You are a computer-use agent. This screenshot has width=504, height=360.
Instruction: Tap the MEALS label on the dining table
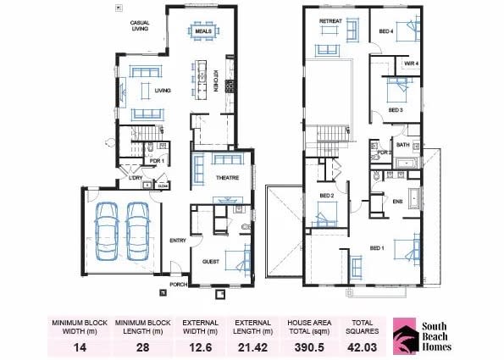click(x=202, y=31)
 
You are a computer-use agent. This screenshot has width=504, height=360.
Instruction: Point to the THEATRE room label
click(x=227, y=178)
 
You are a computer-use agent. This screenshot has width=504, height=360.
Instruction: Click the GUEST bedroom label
click(x=211, y=263)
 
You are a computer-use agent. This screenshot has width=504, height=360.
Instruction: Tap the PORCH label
click(x=178, y=285)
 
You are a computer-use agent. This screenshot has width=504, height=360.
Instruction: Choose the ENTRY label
click(x=177, y=241)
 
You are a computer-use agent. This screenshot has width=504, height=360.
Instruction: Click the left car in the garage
click(x=107, y=231)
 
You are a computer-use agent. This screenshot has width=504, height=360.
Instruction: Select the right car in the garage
click(x=138, y=231)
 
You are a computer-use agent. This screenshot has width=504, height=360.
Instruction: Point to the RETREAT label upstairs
click(x=330, y=20)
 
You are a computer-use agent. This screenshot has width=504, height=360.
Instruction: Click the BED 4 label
click(x=386, y=30)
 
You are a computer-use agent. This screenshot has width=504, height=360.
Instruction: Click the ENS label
click(x=397, y=201)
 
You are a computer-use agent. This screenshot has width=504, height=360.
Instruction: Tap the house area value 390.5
click(x=307, y=346)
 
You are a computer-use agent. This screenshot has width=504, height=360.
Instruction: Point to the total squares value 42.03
click(x=363, y=346)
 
